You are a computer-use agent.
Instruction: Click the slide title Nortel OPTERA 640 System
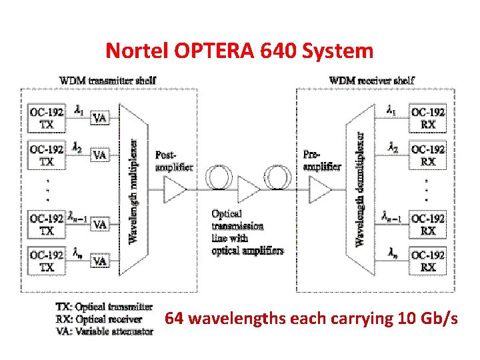pyautogui.click(x=240, y=50)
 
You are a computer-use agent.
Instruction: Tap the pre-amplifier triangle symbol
pyautogui.click(x=320, y=189)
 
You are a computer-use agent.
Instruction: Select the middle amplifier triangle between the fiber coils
pyautogui.click(x=249, y=189)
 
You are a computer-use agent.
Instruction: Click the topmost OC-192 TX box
pyautogui.click(x=47, y=118)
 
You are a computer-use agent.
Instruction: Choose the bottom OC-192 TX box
pyautogui.click(x=47, y=261)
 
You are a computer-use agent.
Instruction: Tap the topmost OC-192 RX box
pyautogui.click(x=428, y=118)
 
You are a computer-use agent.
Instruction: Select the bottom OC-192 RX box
pyautogui.click(x=428, y=261)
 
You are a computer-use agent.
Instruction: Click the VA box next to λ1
pyautogui.click(x=99, y=118)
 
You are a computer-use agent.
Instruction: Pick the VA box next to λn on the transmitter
pyautogui.click(x=99, y=261)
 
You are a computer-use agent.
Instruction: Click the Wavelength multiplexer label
pyautogui.click(x=133, y=190)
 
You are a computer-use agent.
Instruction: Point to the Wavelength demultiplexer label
pyautogui.click(x=361, y=190)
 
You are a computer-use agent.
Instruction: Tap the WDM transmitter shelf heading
pyautogui.click(x=108, y=81)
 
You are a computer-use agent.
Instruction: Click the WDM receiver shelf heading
pyautogui.click(x=372, y=81)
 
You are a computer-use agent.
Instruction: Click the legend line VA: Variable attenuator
pyautogui.click(x=104, y=331)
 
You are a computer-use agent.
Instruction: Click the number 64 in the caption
pyautogui.click(x=175, y=319)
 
